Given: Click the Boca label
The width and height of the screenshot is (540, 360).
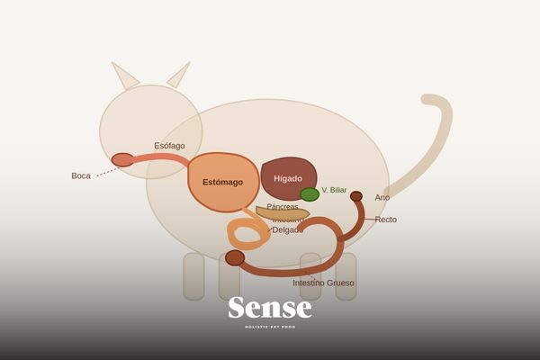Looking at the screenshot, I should click(x=81, y=175).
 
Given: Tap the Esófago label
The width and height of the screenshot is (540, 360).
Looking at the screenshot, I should click(x=169, y=146).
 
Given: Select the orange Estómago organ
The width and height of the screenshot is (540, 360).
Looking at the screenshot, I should click(x=222, y=182).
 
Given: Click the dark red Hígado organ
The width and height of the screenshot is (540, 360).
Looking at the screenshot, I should click(x=288, y=177).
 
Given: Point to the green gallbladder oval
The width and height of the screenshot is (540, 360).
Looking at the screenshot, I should click(x=310, y=194).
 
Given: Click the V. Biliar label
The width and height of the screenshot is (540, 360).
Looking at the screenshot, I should click(x=334, y=190).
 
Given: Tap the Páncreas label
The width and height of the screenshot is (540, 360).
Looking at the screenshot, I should click(x=282, y=207).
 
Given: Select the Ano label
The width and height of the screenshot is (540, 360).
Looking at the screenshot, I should click(x=382, y=197).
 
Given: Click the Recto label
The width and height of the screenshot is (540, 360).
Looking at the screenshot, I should click(x=385, y=220).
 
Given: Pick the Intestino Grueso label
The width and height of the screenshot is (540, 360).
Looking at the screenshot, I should click(x=323, y=283).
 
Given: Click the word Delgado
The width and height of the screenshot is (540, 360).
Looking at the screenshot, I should click(x=287, y=229).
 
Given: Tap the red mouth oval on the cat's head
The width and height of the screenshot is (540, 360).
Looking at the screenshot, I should click(x=122, y=160).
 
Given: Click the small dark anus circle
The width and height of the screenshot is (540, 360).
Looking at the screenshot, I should click(x=356, y=196).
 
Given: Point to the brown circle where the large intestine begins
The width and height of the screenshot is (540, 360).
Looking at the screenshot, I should click(x=235, y=258).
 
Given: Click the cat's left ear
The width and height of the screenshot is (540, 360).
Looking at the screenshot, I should click(x=125, y=76).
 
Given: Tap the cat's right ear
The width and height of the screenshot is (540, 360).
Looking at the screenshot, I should click(x=178, y=76).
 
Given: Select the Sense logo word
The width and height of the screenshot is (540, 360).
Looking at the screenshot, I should click(x=270, y=308).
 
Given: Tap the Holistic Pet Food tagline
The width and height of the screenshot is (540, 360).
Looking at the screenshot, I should click(x=270, y=327).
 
